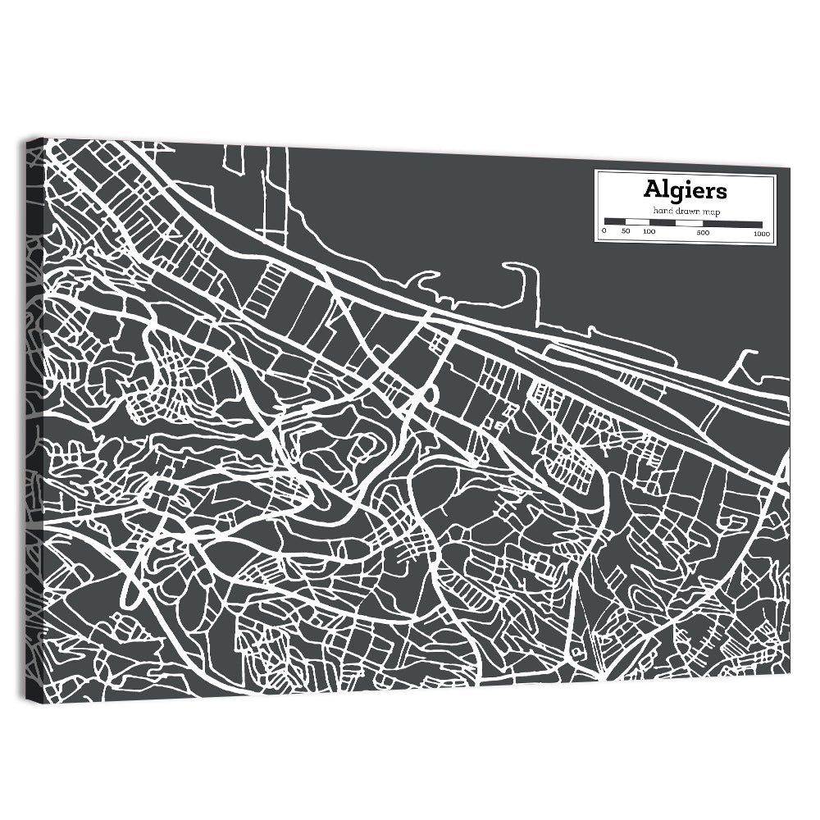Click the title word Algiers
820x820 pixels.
685,190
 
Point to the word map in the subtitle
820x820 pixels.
710,212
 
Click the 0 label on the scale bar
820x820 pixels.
604,233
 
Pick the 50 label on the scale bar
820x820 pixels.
626,233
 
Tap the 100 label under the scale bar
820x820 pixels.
649,233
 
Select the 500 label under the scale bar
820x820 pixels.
703,233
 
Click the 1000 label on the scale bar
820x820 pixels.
761,233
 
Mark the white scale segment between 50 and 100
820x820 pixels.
636,223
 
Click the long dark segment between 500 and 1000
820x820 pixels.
732,223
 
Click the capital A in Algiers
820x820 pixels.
653,190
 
